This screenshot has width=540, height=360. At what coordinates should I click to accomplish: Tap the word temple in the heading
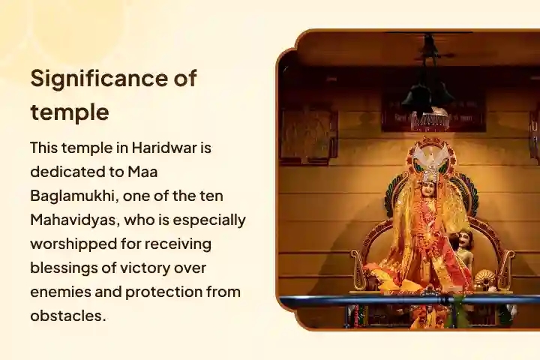[70, 112]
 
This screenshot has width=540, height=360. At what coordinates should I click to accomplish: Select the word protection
[166, 292]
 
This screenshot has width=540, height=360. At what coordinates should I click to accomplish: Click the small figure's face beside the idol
[466, 241]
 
